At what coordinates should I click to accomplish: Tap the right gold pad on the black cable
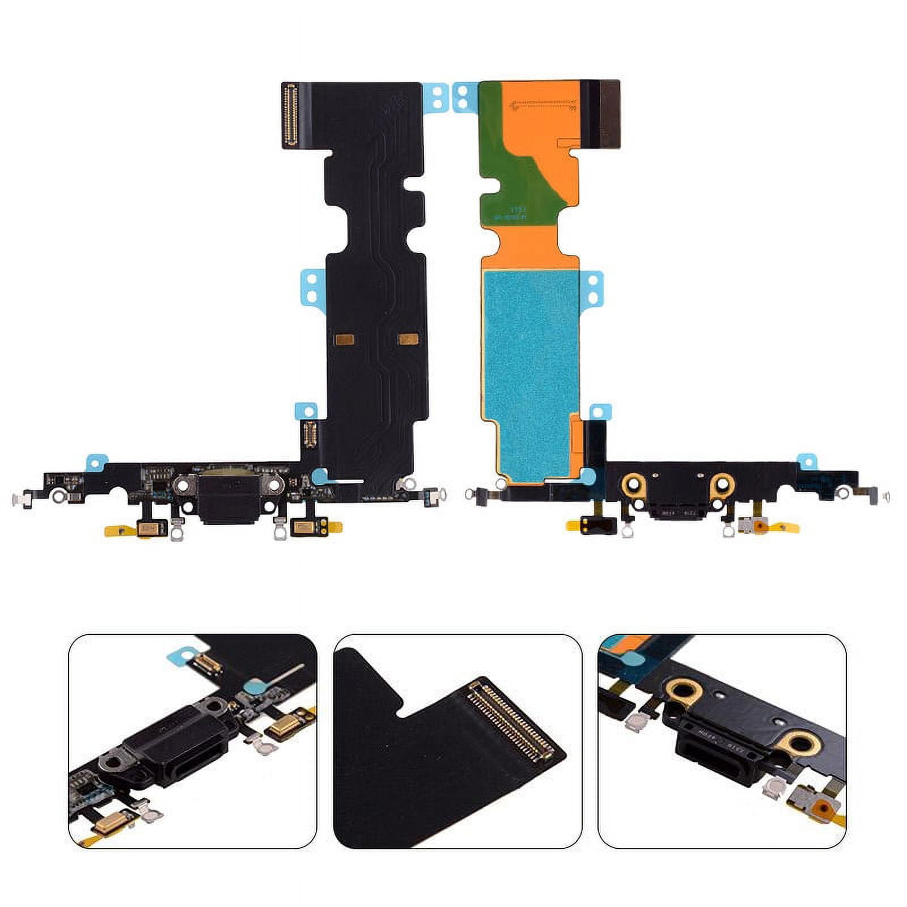click(408, 339)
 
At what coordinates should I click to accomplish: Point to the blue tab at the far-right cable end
click(806, 461)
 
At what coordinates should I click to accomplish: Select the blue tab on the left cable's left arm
click(96, 463)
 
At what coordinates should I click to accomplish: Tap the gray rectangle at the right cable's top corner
click(609, 114)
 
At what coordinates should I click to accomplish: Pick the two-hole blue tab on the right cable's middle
click(593, 288)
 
